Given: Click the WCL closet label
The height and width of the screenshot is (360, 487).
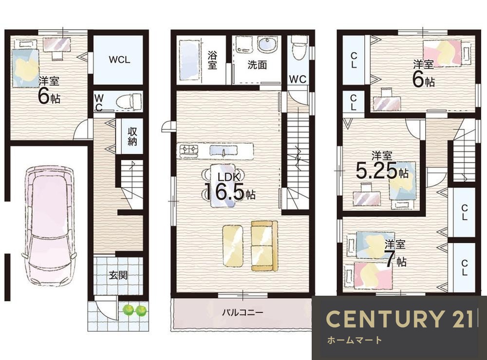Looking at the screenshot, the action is click(119, 60).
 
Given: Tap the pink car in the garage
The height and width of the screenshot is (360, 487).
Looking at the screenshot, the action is click(49, 226).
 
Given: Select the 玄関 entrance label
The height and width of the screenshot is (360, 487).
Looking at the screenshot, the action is click(118, 275).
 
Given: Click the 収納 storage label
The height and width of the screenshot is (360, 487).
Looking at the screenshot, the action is click(132, 136).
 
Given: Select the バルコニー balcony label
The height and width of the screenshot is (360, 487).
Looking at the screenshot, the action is click(243, 312).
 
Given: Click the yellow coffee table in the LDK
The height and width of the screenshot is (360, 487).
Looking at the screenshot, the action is click(233, 246).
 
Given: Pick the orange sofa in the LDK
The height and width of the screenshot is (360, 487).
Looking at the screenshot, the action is click(264, 246).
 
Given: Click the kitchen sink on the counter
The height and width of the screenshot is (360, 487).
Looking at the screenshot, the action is click(224, 151).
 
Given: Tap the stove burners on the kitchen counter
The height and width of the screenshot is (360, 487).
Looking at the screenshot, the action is click(188, 151).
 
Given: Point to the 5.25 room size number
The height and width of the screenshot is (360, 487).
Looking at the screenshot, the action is click(376, 171).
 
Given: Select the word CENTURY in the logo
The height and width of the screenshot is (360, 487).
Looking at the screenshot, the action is click(384, 319).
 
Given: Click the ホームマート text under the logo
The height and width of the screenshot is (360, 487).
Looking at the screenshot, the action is click(355, 341).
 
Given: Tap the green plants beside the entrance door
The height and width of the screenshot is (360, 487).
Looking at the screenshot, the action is click(135, 310).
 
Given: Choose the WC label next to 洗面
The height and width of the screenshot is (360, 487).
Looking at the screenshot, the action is click(298, 79).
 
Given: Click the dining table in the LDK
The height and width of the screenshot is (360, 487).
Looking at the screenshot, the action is click(223, 186).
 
